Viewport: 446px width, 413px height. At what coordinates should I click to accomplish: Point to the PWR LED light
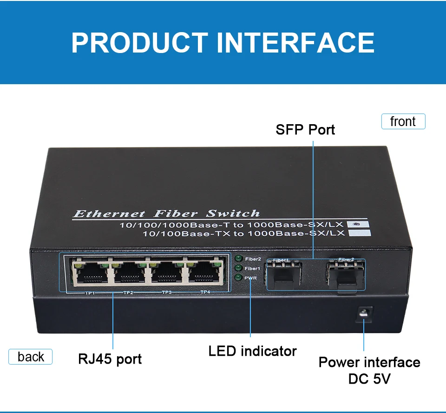pos(239,278)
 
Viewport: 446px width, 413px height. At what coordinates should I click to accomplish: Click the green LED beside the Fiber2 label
pos(239,259)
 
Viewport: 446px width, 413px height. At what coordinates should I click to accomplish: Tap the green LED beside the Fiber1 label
pos(239,268)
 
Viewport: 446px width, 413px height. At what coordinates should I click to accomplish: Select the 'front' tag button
pos(403,121)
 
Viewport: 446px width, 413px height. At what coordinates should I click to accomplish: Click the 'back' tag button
pos(31,357)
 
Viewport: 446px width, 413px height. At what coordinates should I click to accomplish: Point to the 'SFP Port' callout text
pos(305,129)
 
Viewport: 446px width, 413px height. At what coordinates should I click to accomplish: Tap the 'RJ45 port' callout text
pos(110,359)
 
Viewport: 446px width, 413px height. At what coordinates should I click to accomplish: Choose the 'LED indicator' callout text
pos(252,351)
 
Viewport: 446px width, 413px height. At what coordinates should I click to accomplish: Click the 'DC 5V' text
pos(369,379)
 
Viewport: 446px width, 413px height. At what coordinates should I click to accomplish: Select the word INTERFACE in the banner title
pos(295,42)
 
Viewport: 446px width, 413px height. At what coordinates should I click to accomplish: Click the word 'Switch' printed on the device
pos(233,214)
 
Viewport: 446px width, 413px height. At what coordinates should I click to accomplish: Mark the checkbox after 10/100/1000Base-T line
pos(356,224)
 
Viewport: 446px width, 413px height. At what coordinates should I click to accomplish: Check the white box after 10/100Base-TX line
pos(362,233)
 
